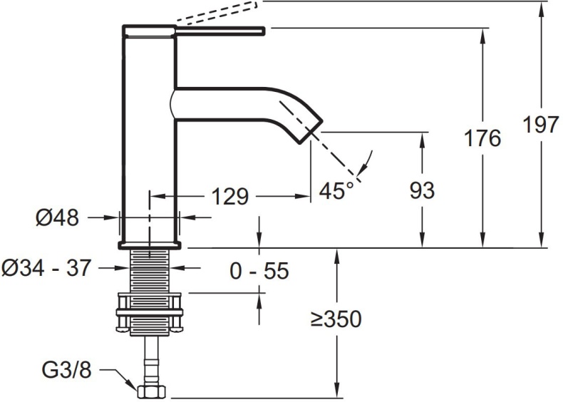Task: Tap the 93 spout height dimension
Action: pyautogui.click(x=422, y=190)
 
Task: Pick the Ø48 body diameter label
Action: pyautogui.click(x=57, y=216)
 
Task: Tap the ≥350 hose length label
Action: pyautogui.click(x=336, y=319)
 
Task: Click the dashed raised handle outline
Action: pyautogui.click(x=214, y=14)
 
